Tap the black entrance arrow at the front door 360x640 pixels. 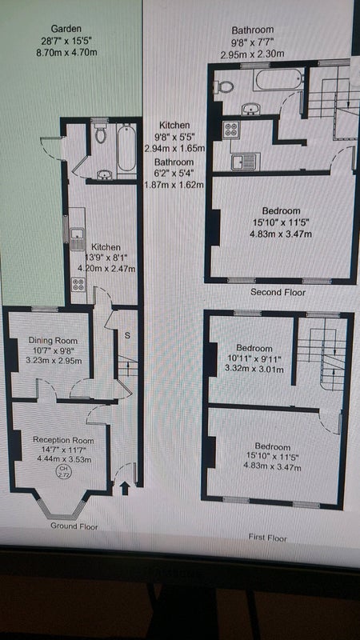coord(126,489)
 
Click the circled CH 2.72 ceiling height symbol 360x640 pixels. coord(63,473)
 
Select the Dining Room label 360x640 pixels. coord(53,341)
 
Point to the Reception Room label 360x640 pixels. coord(63,441)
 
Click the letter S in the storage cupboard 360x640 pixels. coord(127,336)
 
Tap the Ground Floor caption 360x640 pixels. coord(74,526)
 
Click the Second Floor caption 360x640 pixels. coord(278,292)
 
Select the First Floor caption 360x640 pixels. coord(267,538)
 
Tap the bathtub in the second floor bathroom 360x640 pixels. coord(278,80)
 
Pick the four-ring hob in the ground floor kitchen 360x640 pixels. coord(78,284)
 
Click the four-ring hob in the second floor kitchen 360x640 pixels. coord(230,130)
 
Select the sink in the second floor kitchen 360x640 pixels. coord(246,162)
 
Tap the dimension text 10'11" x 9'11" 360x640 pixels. coord(254,359)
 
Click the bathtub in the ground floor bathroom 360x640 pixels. coord(126,148)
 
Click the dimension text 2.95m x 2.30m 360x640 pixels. coord(252,54)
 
